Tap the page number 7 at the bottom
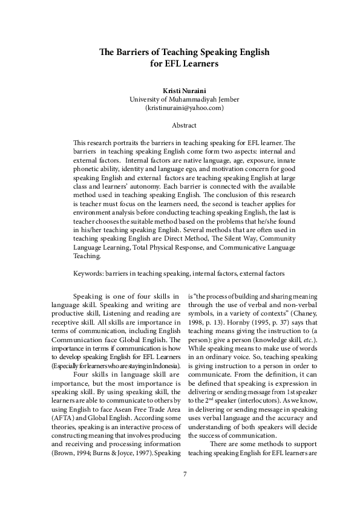[185, 490]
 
